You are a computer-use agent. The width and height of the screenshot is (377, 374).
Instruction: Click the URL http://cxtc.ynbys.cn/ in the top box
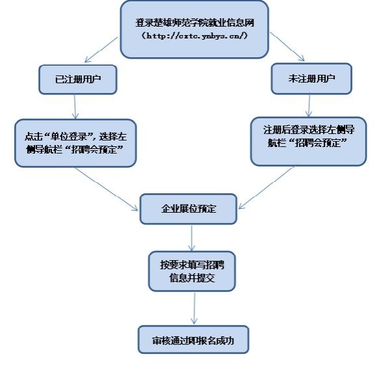coord(194,36)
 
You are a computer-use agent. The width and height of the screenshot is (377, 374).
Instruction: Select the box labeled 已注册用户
coord(78,79)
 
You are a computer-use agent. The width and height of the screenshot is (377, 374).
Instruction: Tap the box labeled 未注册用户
coord(311,79)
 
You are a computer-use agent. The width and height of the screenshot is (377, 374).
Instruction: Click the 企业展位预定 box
coord(188,209)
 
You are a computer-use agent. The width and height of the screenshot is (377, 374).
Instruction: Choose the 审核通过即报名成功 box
coord(193,340)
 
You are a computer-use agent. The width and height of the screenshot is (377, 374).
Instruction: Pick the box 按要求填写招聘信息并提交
coord(192,271)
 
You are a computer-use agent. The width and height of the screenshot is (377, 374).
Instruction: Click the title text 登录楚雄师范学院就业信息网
coord(194,23)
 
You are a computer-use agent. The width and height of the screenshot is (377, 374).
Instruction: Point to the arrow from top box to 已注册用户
coord(101,49)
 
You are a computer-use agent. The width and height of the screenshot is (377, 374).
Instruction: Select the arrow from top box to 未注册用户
coord(287,46)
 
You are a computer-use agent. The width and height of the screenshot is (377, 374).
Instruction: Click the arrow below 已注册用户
coord(75,107)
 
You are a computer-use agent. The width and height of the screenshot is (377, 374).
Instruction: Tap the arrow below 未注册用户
coord(309,105)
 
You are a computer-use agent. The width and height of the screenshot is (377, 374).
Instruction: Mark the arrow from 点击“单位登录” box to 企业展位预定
coord(106,189)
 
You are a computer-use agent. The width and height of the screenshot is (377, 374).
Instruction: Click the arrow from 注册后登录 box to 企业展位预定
coord(266,188)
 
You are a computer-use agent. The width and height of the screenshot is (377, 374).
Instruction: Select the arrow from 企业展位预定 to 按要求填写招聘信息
coord(192,238)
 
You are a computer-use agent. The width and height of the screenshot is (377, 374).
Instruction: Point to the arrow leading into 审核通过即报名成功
coord(194,308)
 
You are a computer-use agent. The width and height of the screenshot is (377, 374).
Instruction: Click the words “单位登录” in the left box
coord(70,137)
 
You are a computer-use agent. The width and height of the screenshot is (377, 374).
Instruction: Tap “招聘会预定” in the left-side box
coord(94,150)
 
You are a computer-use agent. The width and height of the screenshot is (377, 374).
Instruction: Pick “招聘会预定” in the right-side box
coord(317,142)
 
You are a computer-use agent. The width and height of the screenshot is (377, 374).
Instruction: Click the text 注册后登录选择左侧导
coord(309,129)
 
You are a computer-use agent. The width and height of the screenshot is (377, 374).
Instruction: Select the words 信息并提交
coord(192,278)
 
